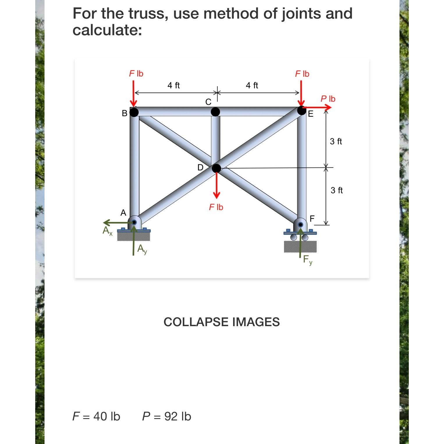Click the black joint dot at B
click(134, 112)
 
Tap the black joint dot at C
click(215, 112)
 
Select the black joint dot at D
click(216, 168)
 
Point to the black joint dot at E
click(302, 111)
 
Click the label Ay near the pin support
click(142, 249)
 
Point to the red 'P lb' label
click(328, 99)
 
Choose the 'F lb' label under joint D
click(216, 207)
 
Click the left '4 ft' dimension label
click(174, 86)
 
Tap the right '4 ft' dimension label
click(252, 86)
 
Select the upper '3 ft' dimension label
click(336, 142)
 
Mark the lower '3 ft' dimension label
click(337, 190)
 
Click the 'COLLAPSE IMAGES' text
click(222, 322)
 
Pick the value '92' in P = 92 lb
click(171, 416)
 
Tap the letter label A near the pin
click(123, 213)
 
